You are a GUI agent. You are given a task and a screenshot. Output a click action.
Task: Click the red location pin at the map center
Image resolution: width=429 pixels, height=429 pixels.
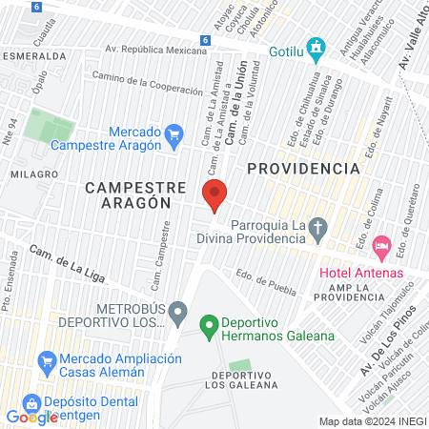point(214,194)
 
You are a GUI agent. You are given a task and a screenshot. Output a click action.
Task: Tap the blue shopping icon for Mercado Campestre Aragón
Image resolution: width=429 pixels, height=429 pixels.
point(174,136)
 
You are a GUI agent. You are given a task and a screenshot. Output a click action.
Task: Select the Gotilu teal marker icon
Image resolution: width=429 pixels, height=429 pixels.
point(319,49)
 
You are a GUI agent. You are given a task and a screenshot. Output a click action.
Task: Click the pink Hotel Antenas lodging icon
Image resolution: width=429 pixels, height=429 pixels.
point(382,247)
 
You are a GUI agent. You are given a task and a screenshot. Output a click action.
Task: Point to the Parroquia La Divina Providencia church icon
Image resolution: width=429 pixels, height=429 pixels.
point(320,229)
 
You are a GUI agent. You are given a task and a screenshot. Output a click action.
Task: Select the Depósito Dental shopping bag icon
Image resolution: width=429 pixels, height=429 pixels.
point(32,403)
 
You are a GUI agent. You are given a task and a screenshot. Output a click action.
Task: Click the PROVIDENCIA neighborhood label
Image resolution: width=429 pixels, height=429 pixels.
point(303,168)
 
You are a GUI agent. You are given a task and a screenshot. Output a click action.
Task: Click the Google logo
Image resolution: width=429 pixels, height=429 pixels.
point(31,418)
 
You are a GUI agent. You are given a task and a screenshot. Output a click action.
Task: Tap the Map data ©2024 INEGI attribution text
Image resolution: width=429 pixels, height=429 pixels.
point(372,421)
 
